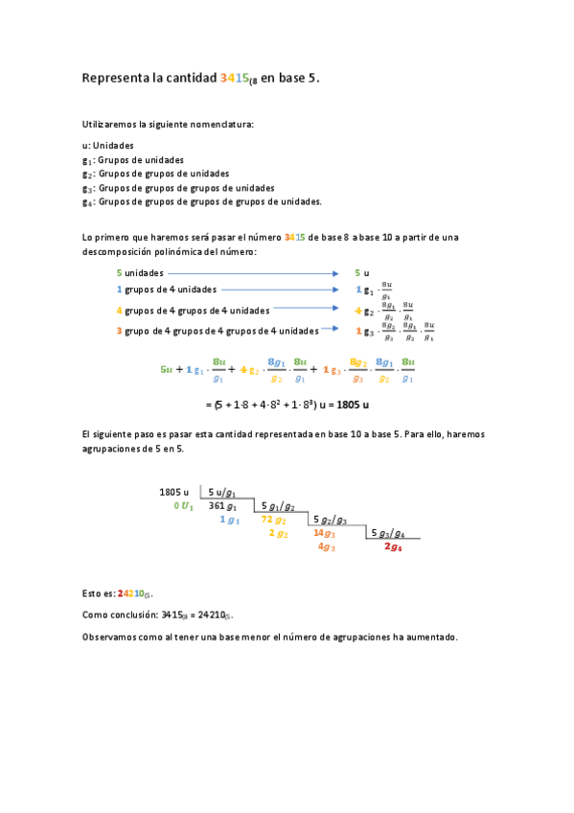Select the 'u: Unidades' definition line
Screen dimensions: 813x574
[x=107, y=145]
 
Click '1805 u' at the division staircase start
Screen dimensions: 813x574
[x=173, y=492]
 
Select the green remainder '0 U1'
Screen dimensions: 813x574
[x=183, y=505]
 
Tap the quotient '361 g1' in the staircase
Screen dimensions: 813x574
[x=222, y=505]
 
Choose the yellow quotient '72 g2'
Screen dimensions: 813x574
[x=273, y=520]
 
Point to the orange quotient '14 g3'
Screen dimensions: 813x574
[x=324, y=533]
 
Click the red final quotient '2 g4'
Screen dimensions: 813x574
[x=393, y=546]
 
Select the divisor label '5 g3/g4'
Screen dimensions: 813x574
[x=387, y=533]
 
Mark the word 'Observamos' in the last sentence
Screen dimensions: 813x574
[x=108, y=637]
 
